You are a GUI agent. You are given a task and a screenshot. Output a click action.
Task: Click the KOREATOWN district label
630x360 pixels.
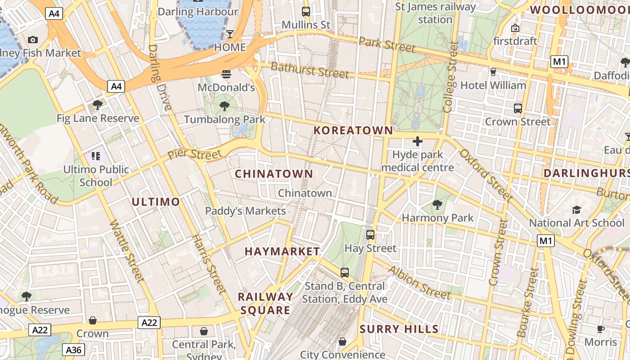tap(353, 130)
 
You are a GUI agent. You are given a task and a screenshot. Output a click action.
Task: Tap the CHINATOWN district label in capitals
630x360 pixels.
tap(274, 174)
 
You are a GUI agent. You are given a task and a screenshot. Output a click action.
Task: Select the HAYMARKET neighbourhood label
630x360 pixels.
tap(282, 252)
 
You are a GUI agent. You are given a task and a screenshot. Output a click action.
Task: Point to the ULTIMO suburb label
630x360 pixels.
tap(156, 202)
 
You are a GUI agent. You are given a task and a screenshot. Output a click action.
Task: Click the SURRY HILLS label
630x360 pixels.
tap(399, 329)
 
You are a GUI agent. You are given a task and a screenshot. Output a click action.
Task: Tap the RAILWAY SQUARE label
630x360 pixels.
tap(265, 303)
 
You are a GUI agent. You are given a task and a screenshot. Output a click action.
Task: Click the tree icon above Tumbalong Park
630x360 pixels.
tap(224, 106)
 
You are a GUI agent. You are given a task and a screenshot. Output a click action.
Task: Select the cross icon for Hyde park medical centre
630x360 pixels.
tap(417, 141)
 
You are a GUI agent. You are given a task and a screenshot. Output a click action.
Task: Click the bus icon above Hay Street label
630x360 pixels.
tap(370, 234)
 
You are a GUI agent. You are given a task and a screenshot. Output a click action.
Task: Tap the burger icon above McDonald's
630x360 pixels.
tap(226, 74)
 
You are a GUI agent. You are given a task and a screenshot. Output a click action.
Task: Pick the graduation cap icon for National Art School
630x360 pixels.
tap(576, 210)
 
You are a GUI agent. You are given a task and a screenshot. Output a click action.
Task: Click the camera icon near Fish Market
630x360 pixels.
tap(32, 40)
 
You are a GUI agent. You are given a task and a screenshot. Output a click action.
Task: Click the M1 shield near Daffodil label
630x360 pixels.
tap(559, 62)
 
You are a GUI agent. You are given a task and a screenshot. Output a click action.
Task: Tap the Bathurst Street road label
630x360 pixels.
tap(310, 70)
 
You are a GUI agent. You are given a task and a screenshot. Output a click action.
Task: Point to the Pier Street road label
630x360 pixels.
tap(194, 154)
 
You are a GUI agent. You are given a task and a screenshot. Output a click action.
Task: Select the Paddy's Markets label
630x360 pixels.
tap(245, 211)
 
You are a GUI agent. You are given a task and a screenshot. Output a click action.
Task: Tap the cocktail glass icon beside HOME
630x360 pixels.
tap(230, 34)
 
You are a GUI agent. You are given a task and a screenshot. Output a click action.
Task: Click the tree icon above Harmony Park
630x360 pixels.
tap(437, 205)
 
